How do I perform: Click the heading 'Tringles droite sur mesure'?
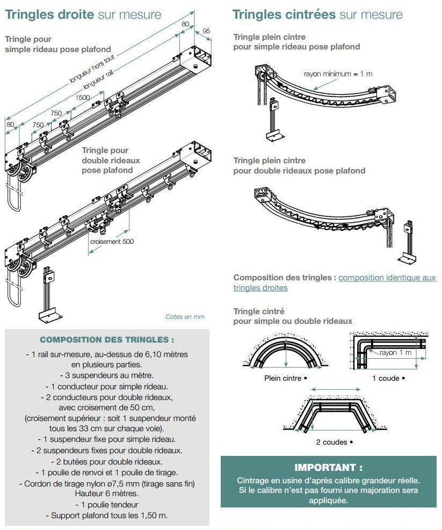(x=83, y=14)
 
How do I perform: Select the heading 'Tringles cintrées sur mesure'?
(x=317, y=14)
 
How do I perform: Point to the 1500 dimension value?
(x=83, y=97)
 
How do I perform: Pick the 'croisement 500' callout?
(x=112, y=241)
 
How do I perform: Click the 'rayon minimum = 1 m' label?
(x=338, y=74)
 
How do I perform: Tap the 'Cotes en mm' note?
(x=185, y=317)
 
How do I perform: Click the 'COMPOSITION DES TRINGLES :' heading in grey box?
(x=107, y=340)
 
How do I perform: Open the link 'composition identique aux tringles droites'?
(x=387, y=278)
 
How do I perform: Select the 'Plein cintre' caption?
(x=285, y=378)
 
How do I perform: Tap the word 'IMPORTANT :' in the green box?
(x=328, y=468)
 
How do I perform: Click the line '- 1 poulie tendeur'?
(x=107, y=505)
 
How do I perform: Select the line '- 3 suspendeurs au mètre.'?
(x=107, y=375)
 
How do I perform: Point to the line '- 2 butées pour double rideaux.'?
(x=107, y=461)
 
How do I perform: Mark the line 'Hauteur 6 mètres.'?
(x=107, y=493)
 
